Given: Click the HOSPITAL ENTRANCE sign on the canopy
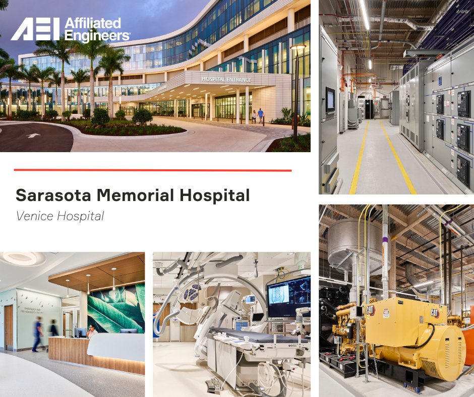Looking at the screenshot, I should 226,79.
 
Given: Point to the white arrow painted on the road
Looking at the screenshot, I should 33,135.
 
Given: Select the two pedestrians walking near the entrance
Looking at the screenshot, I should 257,115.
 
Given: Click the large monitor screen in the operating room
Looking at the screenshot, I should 289,297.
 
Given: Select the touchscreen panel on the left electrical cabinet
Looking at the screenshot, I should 330,99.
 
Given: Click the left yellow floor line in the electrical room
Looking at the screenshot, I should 359,156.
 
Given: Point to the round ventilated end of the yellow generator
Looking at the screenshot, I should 448,353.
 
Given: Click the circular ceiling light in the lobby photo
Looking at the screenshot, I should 20,258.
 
